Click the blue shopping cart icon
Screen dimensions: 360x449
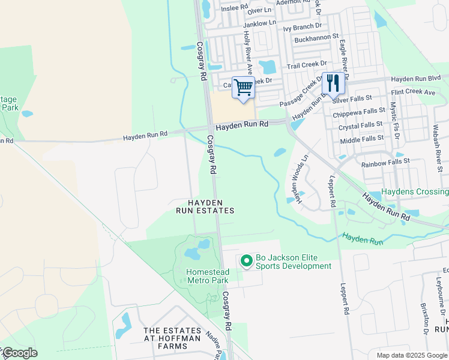243,88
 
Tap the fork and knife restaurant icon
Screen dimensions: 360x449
333,83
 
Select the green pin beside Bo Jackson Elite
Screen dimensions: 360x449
246,261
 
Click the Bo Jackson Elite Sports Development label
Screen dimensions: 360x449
293,262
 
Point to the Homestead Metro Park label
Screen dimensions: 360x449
207,275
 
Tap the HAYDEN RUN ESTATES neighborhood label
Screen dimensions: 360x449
205,207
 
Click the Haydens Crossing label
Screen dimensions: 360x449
415,191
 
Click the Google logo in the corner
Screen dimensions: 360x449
19,353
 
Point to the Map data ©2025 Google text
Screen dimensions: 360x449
412,355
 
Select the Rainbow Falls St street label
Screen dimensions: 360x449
385,161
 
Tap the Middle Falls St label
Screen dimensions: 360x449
361,139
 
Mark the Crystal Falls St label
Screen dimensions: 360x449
360,126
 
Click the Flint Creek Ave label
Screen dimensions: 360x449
412,92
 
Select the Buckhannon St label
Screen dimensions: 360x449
316,37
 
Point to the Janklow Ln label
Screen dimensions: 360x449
259,22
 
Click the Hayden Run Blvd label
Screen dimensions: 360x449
416,79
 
